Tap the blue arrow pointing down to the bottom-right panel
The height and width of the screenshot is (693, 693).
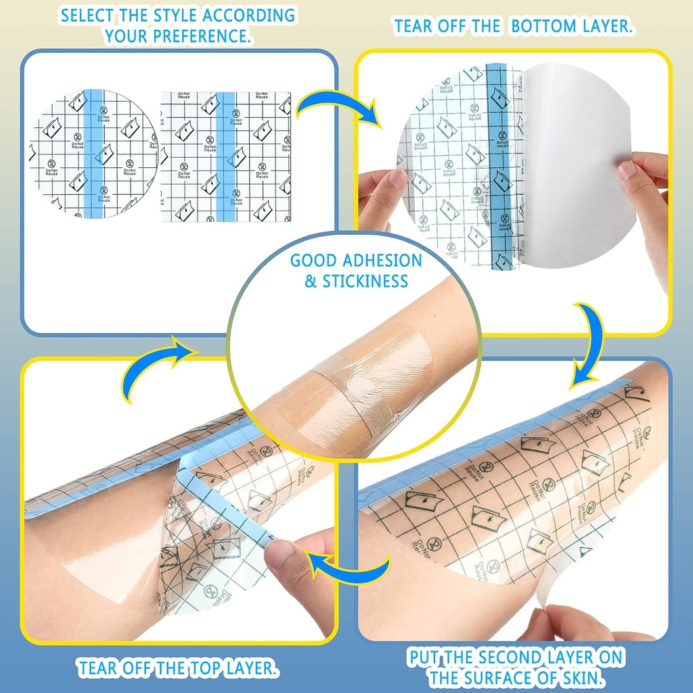(x=587, y=345)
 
